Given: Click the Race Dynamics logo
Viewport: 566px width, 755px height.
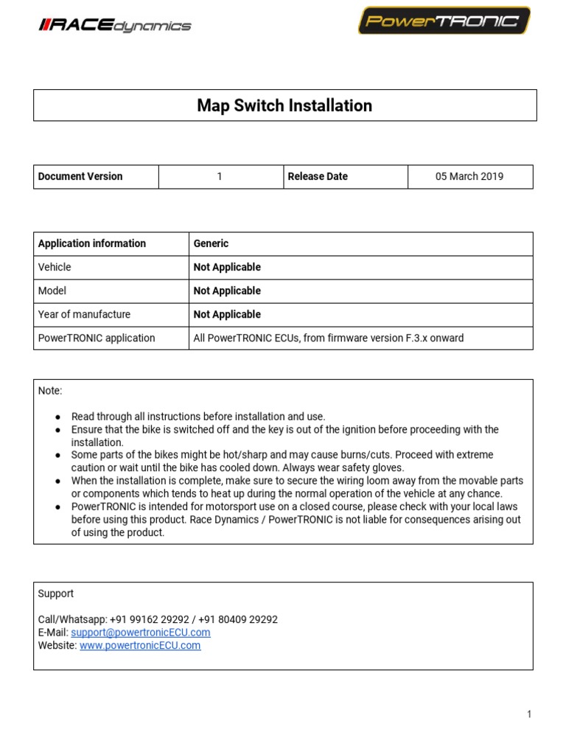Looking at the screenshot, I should coord(114,26).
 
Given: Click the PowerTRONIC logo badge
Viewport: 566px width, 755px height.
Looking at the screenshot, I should coord(444,21).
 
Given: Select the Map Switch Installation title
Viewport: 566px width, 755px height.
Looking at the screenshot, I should coord(284,105).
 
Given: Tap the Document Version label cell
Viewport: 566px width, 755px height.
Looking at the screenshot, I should coord(80,176).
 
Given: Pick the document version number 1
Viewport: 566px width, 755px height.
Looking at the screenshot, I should coord(220,176).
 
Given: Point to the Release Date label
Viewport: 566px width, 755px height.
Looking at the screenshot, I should coord(318,176).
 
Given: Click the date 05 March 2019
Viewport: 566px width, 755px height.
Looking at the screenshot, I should coord(469,176).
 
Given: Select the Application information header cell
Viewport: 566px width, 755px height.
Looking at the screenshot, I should coord(92,243).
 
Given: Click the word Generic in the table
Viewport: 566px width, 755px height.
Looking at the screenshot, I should coord(211,243).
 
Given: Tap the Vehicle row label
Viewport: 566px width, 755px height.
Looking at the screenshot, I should coord(55,267).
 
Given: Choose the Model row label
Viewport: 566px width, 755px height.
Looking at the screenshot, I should coord(52,290).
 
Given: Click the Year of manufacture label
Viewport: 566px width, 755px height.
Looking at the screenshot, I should coord(84,314).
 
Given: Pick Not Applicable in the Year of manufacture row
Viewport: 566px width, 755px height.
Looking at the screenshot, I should coord(227,314).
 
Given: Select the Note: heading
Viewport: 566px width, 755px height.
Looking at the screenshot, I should coord(50,390).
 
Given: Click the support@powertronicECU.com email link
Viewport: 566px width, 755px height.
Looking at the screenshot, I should coord(141,633).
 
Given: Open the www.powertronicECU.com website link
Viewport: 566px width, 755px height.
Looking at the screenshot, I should coord(140,645).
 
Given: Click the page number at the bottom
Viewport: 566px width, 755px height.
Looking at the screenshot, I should coord(529,714).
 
